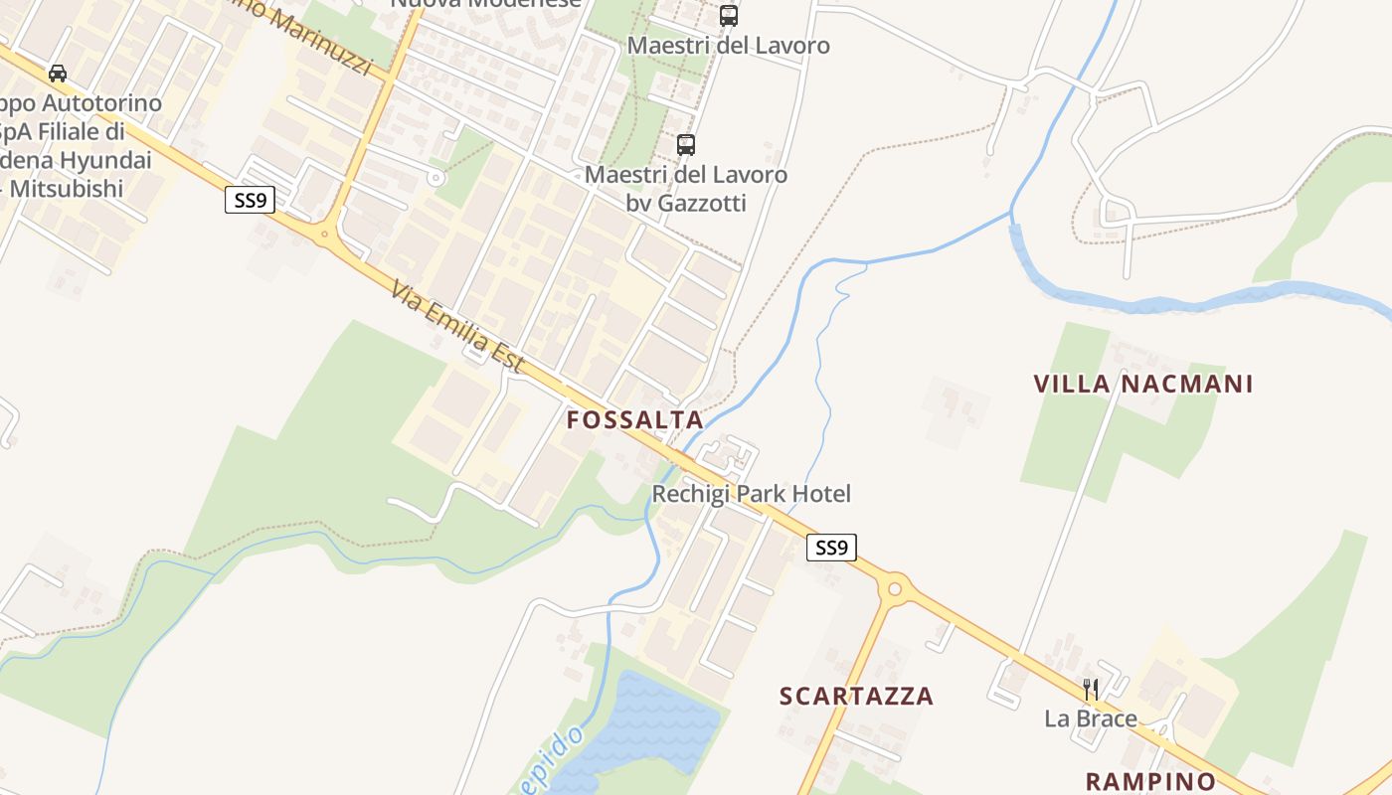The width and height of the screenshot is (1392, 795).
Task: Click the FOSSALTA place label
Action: click(634, 419)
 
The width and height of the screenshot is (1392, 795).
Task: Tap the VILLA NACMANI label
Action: click(1142, 384)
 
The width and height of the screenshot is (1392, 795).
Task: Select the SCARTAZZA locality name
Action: click(856, 696)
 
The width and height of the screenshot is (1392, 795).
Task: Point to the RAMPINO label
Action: click(1150, 780)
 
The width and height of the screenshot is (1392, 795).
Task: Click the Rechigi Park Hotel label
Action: click(751, 494)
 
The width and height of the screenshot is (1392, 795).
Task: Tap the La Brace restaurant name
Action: click(1090, 717)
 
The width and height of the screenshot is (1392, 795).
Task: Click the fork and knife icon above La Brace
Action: click(1090, 689)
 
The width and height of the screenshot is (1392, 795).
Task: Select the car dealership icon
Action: click(58, 74)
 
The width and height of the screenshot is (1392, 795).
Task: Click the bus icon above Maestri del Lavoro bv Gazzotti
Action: click(685, 145)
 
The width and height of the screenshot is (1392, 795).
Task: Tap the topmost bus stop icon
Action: click(729, 16)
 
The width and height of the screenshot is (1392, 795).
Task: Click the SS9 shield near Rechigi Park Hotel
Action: click(831, 547)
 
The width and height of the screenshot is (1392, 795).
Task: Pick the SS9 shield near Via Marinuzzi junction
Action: click(250, 201)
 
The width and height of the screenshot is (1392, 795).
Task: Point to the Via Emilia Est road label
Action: click(456, 327)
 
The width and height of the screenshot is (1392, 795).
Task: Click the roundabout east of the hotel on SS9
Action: click(894, 588)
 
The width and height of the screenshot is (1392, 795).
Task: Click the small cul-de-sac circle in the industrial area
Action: click(435, 178)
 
